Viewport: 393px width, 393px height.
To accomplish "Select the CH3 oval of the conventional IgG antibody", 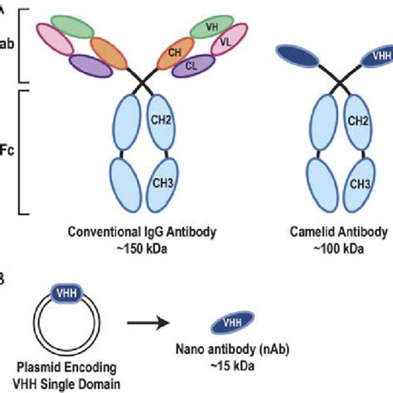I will click(162, 182).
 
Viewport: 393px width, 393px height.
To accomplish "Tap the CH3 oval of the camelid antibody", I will click(359, 182).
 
